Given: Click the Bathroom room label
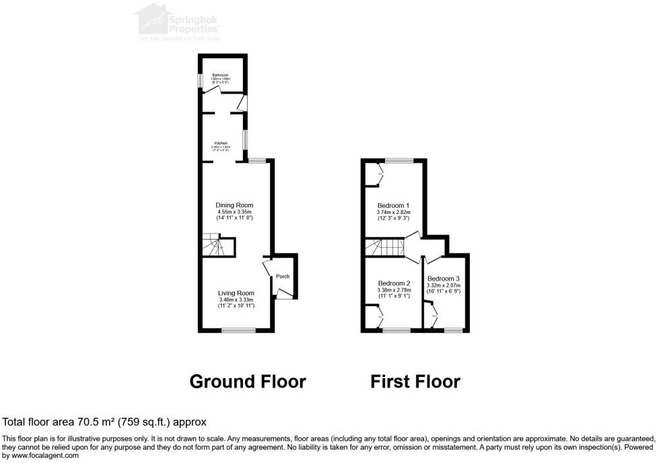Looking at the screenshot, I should [x=221, y=75].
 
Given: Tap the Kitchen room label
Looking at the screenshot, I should [x=221, y=143].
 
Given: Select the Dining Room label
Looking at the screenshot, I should [x=234, y=205].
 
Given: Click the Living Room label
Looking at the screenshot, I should [x=236, y=293].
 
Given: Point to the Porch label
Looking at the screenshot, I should [x=283, y=277].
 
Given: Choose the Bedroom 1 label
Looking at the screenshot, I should [x=394, y=205].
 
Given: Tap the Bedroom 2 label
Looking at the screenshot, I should [x=394, y=283].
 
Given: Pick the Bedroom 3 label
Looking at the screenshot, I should [x=444, y=279].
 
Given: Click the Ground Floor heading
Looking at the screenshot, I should [x=248, y=382].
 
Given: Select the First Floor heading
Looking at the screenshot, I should [x=415, y=382].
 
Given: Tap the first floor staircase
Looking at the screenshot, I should [x=384, y=248].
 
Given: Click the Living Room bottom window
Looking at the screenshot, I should [x=240, y=330].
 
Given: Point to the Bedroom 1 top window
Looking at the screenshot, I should [x=399, y=160].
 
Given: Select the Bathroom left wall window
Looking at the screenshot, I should [x=199, y=80].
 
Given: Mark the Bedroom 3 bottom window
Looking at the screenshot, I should [x=454, y=330].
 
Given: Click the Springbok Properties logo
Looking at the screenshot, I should [x=178, y=22].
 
